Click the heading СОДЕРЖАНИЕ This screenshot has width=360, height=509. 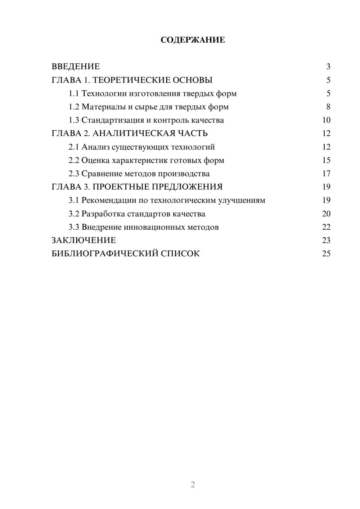click(193, 40)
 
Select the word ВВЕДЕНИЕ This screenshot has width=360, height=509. click(76, 67)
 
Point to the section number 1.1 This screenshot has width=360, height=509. click(74, 94)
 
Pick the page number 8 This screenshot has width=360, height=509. click(328, 107)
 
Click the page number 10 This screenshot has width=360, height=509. click(326, 120)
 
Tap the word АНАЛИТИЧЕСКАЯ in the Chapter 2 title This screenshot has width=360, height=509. click(133, 134)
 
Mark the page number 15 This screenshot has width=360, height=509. click(326, 160)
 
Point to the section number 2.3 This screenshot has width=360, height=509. click(74, 174)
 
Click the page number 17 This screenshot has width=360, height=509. click(326, 174)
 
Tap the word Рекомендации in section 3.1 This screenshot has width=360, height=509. click(109, 200)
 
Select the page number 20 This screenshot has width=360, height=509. click(326, 214)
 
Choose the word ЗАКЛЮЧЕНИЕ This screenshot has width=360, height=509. click(84, 240)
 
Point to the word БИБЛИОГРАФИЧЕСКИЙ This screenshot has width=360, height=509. click(104, 253)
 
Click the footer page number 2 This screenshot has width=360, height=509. click(193, 485)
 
